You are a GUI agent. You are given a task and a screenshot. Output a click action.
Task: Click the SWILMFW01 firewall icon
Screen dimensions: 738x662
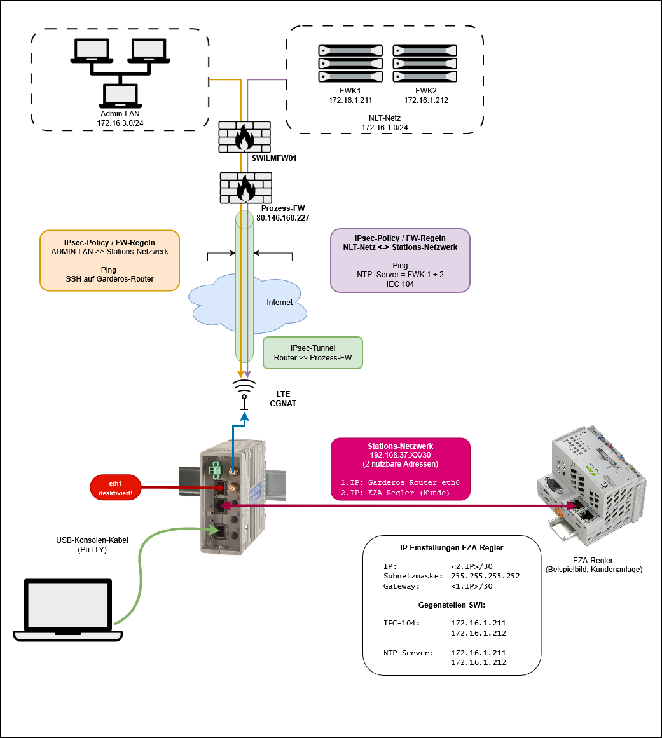click(244, 137)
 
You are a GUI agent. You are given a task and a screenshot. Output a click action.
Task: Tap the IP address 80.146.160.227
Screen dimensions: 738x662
click(283, 217)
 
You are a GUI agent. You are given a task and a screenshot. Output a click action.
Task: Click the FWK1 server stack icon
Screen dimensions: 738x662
click(350, 63)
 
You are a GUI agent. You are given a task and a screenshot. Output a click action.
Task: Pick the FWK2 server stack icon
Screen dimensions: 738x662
click(425, 63)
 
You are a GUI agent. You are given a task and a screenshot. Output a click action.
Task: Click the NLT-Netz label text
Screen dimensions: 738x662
click(385, 118)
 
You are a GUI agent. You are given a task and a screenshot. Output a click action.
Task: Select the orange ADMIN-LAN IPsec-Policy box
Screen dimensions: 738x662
click(109, 261)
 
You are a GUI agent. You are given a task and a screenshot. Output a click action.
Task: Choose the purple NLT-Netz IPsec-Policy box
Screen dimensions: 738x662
click(400, 261)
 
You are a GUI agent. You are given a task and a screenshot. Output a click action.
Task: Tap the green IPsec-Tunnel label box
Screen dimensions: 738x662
click(312, 353)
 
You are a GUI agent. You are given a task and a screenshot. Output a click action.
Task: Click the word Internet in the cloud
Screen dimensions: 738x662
click(279, 303)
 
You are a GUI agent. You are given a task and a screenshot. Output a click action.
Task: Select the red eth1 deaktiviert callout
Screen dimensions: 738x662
click(116, 488)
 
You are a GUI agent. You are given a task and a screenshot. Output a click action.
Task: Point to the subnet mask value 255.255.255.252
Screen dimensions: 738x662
click(485, 576)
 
